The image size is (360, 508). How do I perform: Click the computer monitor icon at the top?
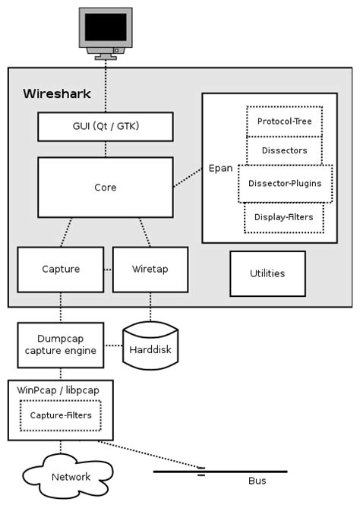pos(105,31)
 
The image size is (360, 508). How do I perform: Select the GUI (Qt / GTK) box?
pos(105,127)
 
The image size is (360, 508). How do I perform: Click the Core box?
pos(105,187)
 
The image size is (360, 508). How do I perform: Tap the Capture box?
pos(60,269)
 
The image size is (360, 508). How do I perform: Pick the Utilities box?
pos(267,273)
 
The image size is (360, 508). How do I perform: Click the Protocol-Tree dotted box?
pos(284,121)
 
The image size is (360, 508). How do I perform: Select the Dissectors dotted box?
pos(284,150)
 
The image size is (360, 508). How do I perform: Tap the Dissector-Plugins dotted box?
pos(285,183)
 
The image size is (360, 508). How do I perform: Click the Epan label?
pos(220,168)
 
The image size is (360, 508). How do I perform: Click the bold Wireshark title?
pos(56,94)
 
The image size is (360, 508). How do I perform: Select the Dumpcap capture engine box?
pos(60,344)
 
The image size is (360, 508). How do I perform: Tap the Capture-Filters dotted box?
pos(60,415)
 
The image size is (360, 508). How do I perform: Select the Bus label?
pos(257,481)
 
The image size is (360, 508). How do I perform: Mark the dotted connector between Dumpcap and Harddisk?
pos(112,345)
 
